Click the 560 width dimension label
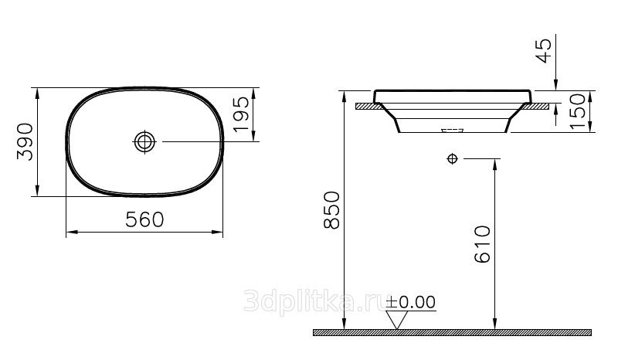tap(144, 220)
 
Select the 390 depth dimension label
tap(25, 141)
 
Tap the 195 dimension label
tap(241, 114)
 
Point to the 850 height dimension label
tap(332, 211)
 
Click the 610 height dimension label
tap(482, 245)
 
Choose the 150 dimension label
tap(578, 111)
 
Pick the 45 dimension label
tap(544, 51)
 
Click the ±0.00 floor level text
tap(411, 302)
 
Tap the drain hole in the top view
tap(144, 141)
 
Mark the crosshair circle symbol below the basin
tap(453, 158)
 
